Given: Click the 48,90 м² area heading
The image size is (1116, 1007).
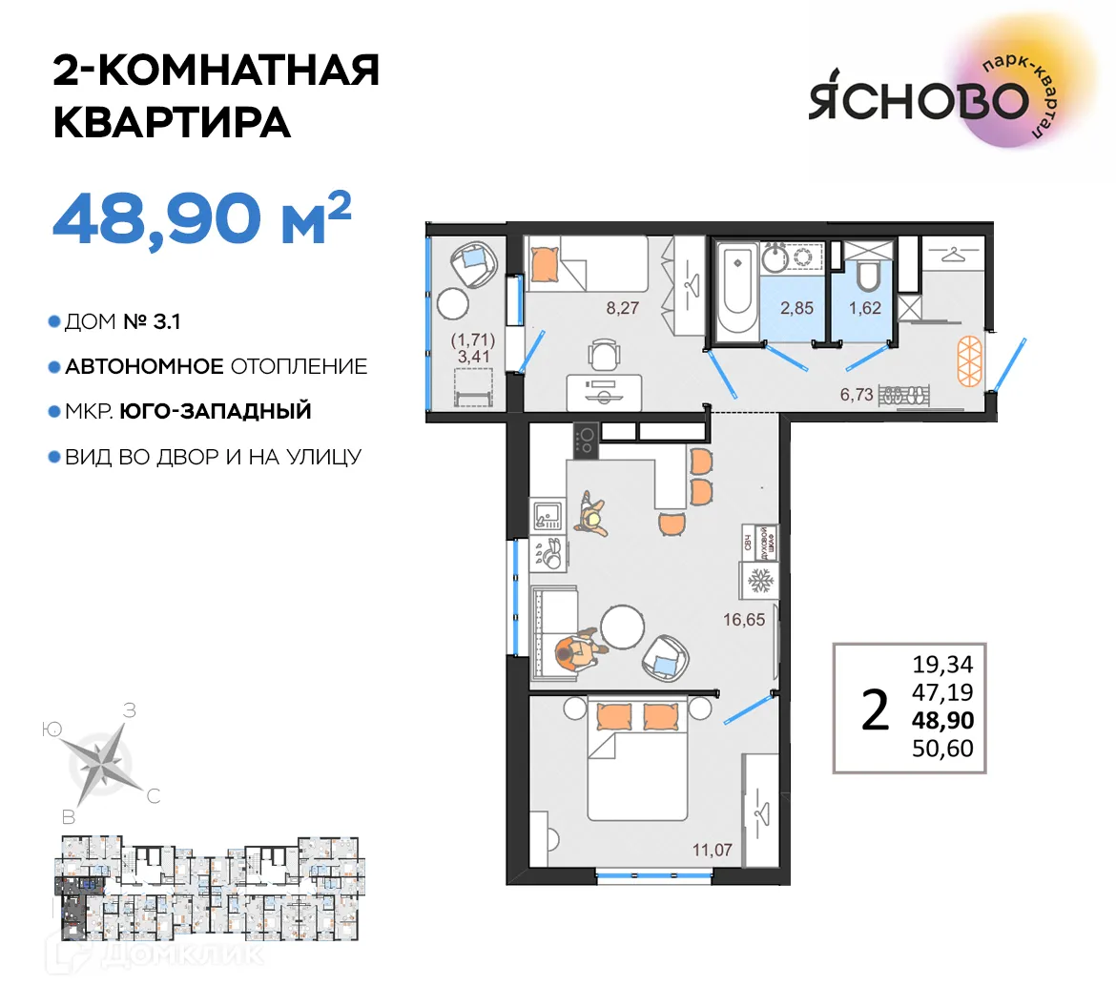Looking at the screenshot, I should pos(201,218).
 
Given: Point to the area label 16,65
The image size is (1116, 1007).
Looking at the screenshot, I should pos(744,620).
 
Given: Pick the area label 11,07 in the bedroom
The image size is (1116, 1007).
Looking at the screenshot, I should pos(712,849).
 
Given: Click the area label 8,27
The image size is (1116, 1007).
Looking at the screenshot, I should pos(622,308).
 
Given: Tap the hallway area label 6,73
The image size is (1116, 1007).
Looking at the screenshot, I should pos(857,394).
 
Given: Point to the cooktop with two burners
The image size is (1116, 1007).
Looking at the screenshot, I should pos(585,440).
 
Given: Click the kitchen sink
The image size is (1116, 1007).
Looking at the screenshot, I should pos(548,515).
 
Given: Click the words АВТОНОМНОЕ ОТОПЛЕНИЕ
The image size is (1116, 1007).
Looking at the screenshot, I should pos(216,366).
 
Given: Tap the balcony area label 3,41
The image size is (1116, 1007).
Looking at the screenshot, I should pos(467,359).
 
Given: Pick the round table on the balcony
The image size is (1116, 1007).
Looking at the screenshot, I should pos(452,304).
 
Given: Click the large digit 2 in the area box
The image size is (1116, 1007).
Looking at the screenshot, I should pos(875,709).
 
